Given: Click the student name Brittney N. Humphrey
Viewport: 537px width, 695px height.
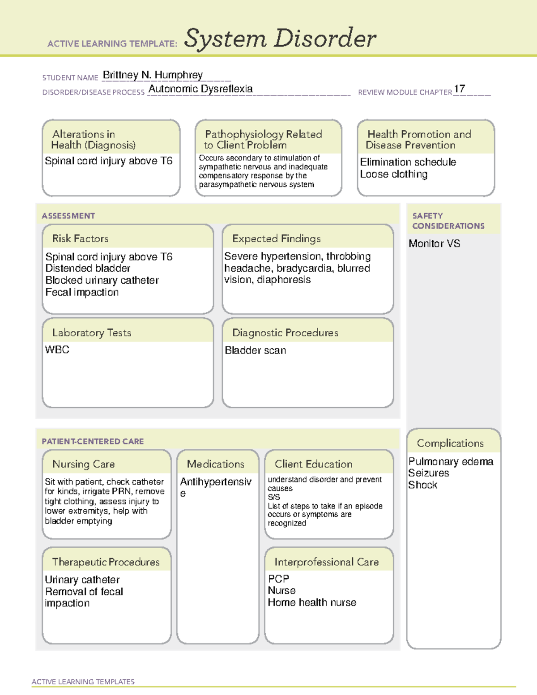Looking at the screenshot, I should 153,75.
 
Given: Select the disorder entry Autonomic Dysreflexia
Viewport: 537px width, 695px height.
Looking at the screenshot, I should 200,89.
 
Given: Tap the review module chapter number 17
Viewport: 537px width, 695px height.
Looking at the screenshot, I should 459,89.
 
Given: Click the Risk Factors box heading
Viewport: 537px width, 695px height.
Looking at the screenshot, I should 80,239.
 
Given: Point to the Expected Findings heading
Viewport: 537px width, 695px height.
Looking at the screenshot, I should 276,239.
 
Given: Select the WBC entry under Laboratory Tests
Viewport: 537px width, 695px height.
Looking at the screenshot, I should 57,350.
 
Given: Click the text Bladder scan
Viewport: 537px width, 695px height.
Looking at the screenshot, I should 255,350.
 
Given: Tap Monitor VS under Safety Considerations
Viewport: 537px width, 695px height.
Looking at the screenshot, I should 434,244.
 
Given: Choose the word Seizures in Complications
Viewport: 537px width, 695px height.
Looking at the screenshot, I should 428,473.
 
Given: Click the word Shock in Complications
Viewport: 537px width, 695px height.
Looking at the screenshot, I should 422,485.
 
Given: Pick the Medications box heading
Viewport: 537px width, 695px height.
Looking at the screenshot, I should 215,464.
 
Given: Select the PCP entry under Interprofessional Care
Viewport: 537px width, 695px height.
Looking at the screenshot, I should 278,579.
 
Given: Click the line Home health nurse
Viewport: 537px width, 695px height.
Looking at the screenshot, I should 312,603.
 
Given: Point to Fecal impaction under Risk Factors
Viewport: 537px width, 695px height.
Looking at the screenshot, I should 82,292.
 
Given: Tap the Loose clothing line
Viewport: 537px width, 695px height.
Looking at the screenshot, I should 394,174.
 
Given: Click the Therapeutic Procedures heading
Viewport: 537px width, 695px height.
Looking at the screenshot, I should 106,562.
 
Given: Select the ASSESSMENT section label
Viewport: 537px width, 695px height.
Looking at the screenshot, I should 68,216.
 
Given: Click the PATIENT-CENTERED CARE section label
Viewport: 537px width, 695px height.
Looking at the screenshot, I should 93,441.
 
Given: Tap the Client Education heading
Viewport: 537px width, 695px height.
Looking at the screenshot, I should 313,464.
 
